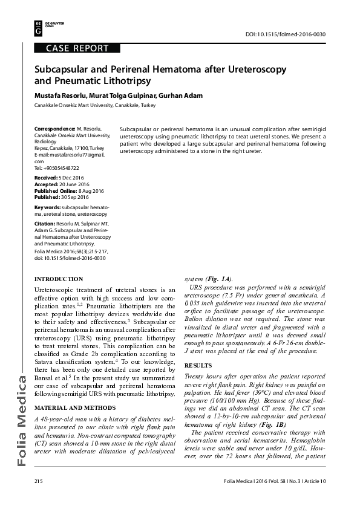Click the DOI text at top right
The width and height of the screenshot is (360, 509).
coord(286,34)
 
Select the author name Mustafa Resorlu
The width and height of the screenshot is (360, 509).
coord(60,95)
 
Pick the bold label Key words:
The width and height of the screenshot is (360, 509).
coord(48,207)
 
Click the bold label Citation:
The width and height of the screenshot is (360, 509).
coord(46,224)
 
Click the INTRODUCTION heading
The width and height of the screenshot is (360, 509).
coord(59,279)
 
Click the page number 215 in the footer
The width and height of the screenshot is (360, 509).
coord(40,481)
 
